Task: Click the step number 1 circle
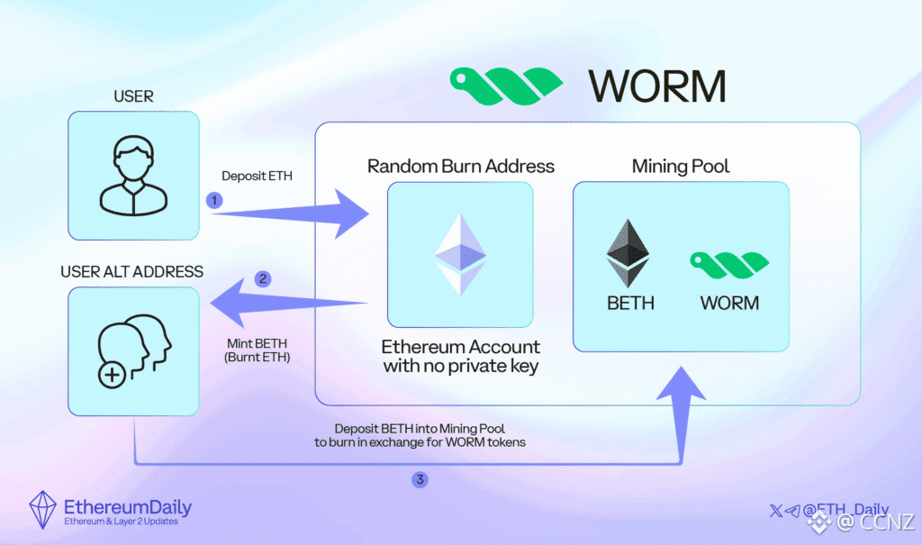click(x=214, y=201)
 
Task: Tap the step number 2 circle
click(x=263, y=278)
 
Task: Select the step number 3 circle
click(x=419, y=480)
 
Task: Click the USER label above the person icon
click(x=133, y=95)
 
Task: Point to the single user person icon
click(x=132, y=176)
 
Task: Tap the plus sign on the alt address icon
click(x=112, y=375)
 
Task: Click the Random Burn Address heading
click(x=460, y=166)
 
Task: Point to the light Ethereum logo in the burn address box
click(x=460, y=254)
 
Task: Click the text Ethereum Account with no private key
click(x=460, y=356)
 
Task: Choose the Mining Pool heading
click(x=681, y=166)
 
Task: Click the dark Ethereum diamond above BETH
click(x=629, y=253)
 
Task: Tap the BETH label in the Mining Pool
click(x=630, y=303)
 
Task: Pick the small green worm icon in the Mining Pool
click(x=729, y=262)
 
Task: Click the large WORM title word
click(x=657, y=86)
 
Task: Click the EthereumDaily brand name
click(x=128, y=506)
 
